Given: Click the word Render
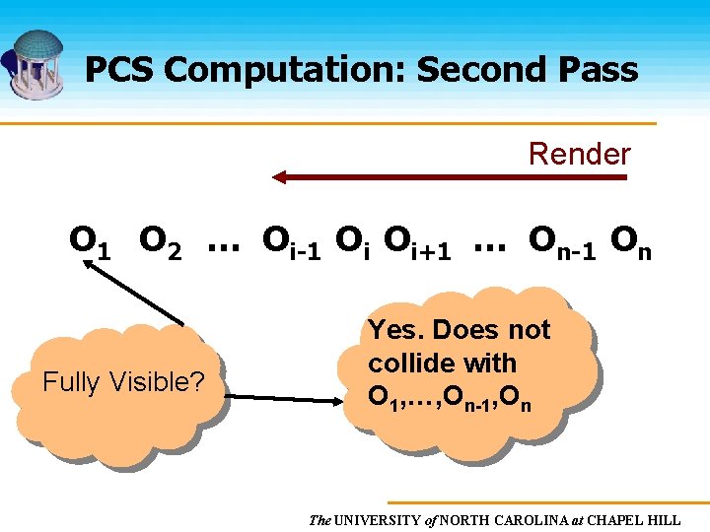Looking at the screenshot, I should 579,154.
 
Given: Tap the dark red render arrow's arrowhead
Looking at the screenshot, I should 280,177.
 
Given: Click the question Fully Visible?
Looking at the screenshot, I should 123,381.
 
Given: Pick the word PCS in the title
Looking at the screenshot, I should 120,69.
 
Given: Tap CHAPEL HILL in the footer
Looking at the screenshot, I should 640,519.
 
